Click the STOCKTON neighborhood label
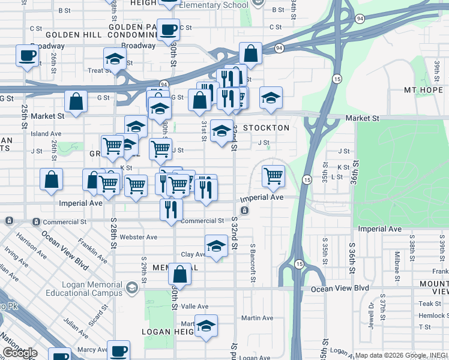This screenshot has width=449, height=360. [267, 128]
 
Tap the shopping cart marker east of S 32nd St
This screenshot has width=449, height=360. [273, 176]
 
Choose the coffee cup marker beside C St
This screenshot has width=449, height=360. [169, 28]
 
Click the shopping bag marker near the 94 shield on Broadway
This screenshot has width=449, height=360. [250, 54]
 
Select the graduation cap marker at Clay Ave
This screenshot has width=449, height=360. [216, 245]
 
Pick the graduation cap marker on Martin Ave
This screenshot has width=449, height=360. [206, 325]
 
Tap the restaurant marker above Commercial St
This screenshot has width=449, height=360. [171, 209]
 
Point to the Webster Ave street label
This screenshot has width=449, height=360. [139, 237]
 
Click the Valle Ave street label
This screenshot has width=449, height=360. [195, 306]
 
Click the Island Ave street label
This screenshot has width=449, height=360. [46, 134]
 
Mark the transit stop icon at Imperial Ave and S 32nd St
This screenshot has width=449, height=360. [245, 211]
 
